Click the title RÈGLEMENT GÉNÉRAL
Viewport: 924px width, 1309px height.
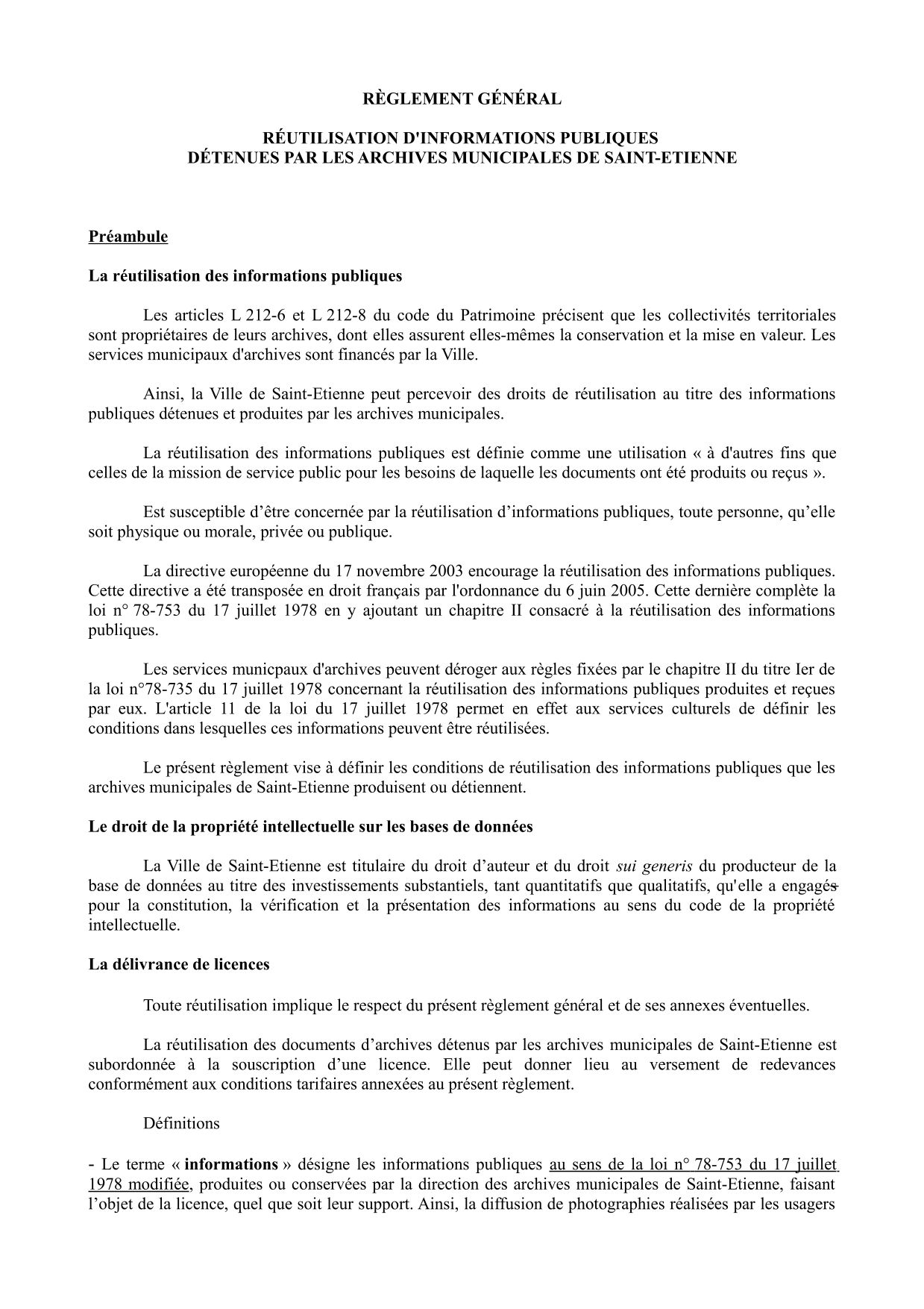click(462, 99)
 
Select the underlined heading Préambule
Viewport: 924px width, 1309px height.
click(128, 237)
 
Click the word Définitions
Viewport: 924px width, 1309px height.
click(181, 1123)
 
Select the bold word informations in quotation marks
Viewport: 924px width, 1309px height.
click(231, 1164)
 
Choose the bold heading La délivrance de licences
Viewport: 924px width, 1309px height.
click(179, 964)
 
